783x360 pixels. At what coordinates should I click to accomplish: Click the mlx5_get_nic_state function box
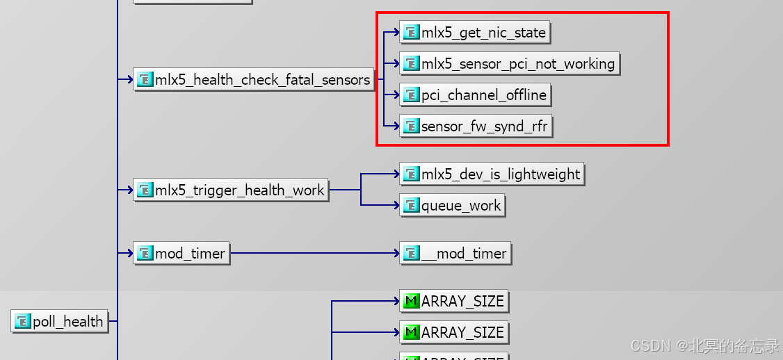(x=474, y=33)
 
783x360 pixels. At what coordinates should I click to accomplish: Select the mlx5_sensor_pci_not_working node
(x=509, y=64)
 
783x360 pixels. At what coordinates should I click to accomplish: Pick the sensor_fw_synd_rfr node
(x=476, y=126)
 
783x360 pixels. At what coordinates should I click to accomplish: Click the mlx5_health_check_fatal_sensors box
(x=254, y=80)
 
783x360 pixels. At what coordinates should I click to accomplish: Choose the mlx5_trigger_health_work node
(x=231, y=190)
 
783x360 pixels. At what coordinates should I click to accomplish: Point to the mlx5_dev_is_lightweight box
(x=492, y=174)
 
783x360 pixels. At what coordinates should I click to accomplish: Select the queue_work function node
(x=452, y=206)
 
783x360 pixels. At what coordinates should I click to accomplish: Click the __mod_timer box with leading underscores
(x=455, y=254)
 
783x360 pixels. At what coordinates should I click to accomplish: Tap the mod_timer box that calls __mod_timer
(x=181, y=254)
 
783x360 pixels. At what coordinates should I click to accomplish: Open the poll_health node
(x=60, y=322)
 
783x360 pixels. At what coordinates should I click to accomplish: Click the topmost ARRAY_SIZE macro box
(x=454, y=302)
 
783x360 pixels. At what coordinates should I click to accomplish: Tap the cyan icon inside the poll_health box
(x=24, y=322)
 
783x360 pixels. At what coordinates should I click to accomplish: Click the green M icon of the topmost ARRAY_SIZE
(x=412, y=302)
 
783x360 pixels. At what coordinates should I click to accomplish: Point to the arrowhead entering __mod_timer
(x=396, y=254)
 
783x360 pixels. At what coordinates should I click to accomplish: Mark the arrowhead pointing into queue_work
(x=396, y=206)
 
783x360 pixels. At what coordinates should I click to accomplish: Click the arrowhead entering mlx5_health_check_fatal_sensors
(x=130, y=80)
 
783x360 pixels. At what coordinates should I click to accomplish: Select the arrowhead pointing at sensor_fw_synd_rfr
(x=396, y=126)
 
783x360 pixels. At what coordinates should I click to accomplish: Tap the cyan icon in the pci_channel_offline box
(x=412, y=95)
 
